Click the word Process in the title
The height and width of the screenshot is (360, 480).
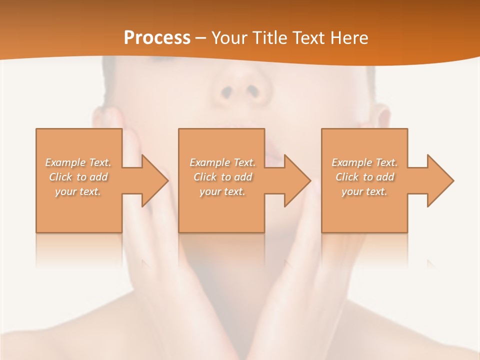click(157, 37)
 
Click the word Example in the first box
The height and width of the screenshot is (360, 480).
click(65, 162)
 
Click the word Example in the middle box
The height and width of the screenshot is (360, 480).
click(209, 162)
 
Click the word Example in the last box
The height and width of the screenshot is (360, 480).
click(351, 162)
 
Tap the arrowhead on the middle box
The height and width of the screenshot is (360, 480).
click(297, 180)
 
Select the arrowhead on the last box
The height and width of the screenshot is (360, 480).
click(439, 180)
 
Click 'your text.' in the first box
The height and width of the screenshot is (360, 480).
click(78, 191)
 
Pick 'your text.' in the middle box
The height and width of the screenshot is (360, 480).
click(222, 191)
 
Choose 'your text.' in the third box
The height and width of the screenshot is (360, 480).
click(364, 191)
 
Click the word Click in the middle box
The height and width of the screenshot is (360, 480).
click(205, 177)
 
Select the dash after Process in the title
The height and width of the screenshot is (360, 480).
click(200, 38)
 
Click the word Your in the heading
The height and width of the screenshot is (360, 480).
click(229, 37)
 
